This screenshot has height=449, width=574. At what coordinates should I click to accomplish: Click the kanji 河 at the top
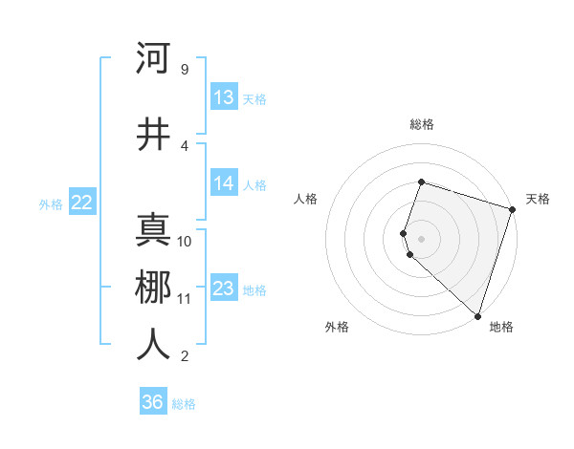pos(153,58)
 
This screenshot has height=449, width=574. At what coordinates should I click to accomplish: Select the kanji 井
pos(153,135)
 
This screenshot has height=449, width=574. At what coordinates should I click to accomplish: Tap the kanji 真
pos(153,230)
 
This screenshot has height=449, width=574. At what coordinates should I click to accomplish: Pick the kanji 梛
pos(153,288)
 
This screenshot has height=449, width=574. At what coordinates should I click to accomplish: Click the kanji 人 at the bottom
pos(153,345)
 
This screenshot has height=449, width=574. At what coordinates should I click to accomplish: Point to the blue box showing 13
pos(224,97)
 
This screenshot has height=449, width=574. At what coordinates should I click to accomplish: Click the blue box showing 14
pos(224,184)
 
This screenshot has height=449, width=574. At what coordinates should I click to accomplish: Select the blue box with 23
pos(224,289)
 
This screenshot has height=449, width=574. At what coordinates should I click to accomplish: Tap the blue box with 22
pos(81,203)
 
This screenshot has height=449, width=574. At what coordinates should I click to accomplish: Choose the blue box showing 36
pos(153,402)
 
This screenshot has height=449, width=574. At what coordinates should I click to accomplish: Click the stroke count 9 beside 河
pos(184,70)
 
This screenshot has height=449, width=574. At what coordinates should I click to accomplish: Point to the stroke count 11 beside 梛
pos(184,299)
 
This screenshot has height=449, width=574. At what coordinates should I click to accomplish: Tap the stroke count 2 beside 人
pos(184,356)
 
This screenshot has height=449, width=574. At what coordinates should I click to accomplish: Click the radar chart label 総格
pos(422,124)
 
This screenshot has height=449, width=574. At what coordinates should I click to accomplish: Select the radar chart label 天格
pos(538,199)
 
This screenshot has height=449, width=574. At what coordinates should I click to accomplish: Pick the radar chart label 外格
pos(337,327)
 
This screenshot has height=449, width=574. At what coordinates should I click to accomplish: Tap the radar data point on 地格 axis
pos(477,316)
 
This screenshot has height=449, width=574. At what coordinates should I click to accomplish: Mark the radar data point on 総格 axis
pos(422,182)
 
